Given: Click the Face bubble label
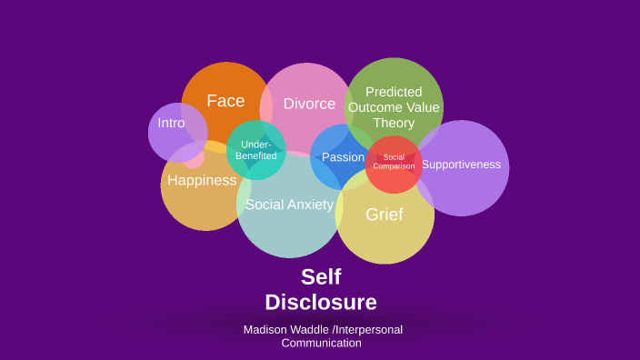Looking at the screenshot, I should coord(225,101).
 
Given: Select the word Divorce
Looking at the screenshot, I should coord(309,104).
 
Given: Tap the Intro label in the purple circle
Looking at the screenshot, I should coord(171,123).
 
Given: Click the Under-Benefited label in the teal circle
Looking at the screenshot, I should coord(256,150).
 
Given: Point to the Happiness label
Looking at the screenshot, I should coord(202,180).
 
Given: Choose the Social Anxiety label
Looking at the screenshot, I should coord(289,205).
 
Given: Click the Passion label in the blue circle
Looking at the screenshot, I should coord(343,157).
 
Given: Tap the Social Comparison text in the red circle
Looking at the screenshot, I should coord(394,162).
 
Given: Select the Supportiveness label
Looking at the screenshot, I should coord(461,165).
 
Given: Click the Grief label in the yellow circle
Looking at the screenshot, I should coord(384,215).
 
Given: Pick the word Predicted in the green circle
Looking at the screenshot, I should coord(394,92).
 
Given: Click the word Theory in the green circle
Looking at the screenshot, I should coord(394,123).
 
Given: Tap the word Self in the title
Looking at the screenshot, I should coord(321,276).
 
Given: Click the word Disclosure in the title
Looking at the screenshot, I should coord(321,302).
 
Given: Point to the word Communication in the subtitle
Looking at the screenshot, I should coord(321,343).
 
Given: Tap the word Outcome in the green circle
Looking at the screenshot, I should coord(375,107).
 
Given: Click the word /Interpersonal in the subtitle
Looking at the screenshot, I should coord(367,329).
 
